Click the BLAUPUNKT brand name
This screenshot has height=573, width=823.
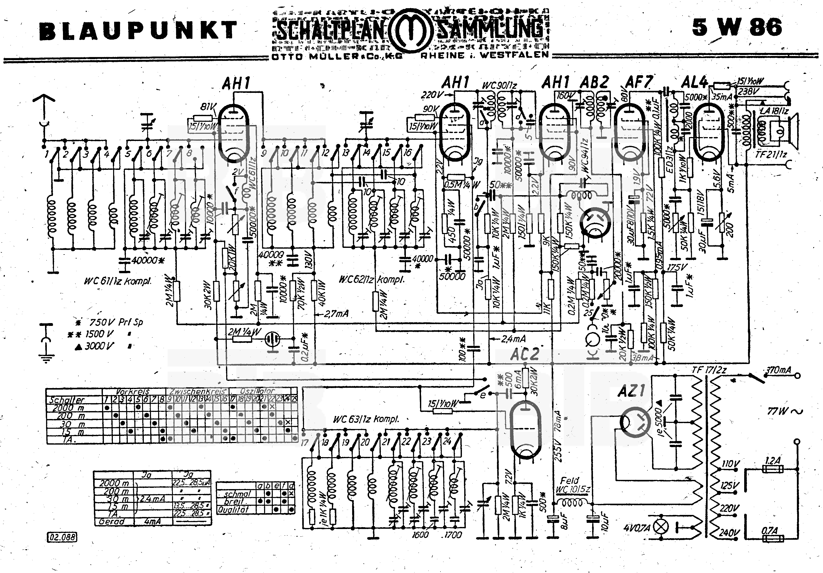138,30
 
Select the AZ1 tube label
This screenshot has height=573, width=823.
631,391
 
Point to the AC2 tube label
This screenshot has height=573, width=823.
524,354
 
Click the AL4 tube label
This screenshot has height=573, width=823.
694,83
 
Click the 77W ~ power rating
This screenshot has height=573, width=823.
785,411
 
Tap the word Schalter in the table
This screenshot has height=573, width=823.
66,400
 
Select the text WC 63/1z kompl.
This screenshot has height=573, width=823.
366,419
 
